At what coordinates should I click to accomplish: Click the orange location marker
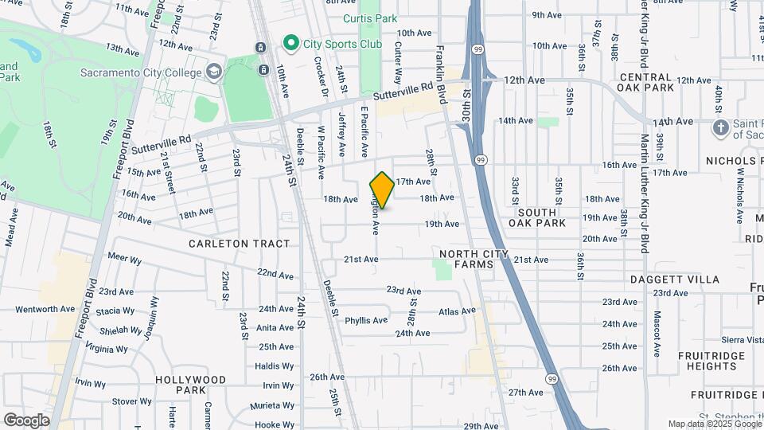(382, 190)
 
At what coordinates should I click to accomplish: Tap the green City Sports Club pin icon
(292, 44)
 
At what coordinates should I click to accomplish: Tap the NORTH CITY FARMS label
(466, 259)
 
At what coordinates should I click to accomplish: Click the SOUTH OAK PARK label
(542, 217)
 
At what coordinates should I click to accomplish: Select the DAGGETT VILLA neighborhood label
(675, 279)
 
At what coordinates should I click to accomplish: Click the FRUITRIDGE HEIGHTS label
(707, 361)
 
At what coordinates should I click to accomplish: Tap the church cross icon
(720, 127)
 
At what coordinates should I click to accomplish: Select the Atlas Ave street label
(456, 311)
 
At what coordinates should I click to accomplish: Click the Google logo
(26, 420)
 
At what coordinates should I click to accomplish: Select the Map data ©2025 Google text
(713, 424)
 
